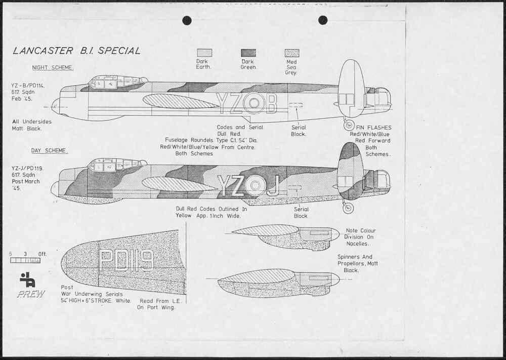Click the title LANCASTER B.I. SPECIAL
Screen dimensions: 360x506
tap(76, 51)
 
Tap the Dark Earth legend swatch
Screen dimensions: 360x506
tap(204, 53)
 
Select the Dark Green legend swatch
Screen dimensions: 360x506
tap(248, 53)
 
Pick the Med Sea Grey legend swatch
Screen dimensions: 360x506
tap(291, 53)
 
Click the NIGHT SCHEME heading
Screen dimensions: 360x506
tap(53, 68)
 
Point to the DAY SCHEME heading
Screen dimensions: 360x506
tap(50, 150)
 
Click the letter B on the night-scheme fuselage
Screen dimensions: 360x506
tap(271, 104)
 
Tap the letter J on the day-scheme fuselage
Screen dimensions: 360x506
tap(273, 185)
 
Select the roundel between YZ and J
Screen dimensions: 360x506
tap(255, 186)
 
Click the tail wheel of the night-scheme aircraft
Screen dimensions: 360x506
tap(349, 125)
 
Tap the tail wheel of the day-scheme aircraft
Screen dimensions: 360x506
tap(348, 207)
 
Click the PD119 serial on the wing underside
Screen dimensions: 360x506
tap(126, 260)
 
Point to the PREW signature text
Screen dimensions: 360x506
tap(31, 294)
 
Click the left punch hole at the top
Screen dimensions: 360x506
tap(187, 20)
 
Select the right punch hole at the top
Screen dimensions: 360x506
tap(323, 20)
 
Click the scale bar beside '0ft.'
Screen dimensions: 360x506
tap(25, 260)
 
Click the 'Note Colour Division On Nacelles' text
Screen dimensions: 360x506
tap(360, 237)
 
